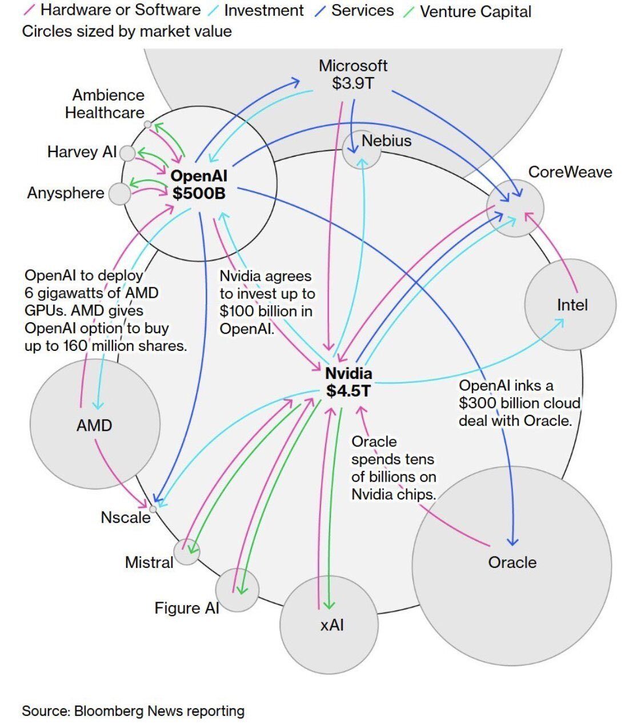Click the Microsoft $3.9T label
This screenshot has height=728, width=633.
click(352, 74)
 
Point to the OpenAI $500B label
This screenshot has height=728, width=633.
click(199, 185)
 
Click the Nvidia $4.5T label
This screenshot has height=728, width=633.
click(348, 382)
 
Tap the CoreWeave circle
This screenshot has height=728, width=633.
click(515, 208)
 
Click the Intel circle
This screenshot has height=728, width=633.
click(570, 305)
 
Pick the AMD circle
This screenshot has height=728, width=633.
click(95, 423)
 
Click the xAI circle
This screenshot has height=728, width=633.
click(329, 624)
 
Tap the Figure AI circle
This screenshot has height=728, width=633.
click(238, 590)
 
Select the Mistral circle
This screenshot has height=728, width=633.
click(187, 552)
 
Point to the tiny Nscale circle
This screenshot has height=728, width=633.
click(153, 509)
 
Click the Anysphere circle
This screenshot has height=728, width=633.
click(119, 194)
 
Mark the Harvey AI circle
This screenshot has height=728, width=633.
click(128, 153)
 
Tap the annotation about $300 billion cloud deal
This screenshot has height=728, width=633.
click(519, 403)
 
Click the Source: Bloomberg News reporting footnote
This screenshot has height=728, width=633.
click(133, 711)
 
